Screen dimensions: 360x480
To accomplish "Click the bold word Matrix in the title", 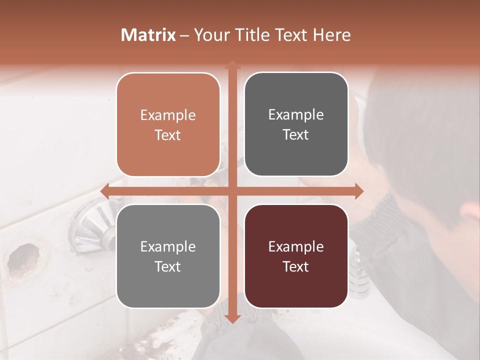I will (148, 35).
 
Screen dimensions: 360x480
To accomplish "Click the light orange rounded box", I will (168, 124).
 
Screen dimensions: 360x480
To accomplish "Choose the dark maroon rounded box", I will (296, 256).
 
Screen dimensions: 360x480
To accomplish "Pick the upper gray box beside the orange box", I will (296, 124).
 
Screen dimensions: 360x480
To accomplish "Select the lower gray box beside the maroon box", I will (168, 256).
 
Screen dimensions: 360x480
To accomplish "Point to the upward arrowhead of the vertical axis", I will (232, 65).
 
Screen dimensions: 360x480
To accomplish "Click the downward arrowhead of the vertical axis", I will (232, 318).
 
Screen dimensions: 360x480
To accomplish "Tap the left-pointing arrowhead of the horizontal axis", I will (105, 191).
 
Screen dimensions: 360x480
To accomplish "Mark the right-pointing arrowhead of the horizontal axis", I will (358, 191).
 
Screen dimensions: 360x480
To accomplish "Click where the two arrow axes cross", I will (232, 191).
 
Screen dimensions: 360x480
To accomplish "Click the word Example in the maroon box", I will (296, 246).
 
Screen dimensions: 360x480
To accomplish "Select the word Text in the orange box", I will (168, 135).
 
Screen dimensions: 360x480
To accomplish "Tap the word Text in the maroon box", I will (296, 266).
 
